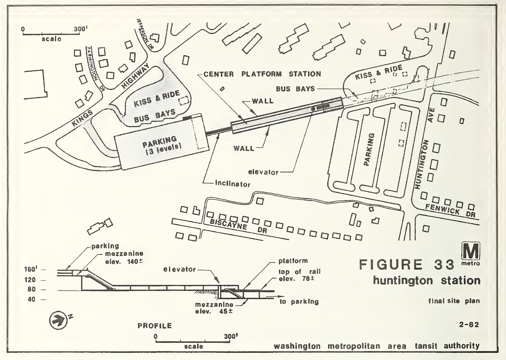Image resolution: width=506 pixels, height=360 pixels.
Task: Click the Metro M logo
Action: [x=470, y=252]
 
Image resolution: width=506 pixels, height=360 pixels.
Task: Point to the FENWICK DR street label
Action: [x=450, y=210]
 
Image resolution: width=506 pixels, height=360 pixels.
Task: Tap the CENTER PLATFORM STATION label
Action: [x=262, y=74]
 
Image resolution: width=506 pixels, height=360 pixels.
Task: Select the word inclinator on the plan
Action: [x=233, y=184]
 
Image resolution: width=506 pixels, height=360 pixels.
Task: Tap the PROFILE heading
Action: [x=155, y=326]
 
